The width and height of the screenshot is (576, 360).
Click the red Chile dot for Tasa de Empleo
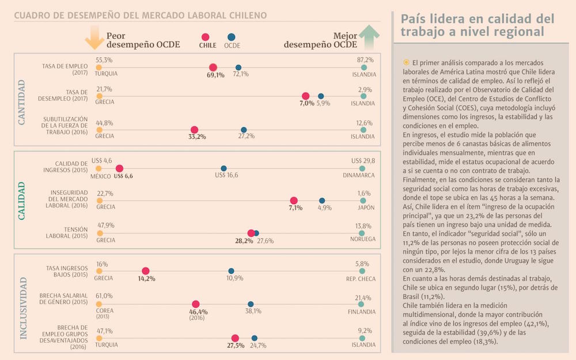click(213, 67)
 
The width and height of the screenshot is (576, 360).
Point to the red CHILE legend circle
click(206, 37)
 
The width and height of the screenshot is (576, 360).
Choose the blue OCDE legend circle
click(232, 37)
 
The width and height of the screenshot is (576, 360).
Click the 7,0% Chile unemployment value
click(306, 104)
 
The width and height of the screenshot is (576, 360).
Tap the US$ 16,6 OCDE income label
click(226, 175)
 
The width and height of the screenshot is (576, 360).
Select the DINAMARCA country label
click(358, 175)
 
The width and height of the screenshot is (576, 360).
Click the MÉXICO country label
click(101, 176)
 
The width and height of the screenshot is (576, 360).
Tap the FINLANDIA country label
click(362, 312)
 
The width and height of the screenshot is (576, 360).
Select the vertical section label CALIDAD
click(22, 200)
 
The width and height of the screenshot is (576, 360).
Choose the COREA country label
click(105, 310)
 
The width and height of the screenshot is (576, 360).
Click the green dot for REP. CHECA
click(362, 271)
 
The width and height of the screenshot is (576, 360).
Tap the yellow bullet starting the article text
click(406, 62)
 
